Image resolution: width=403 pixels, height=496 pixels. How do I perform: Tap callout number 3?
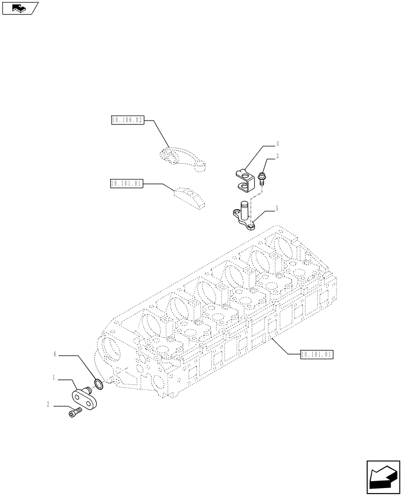277,156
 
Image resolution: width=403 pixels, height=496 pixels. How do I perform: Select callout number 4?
277,144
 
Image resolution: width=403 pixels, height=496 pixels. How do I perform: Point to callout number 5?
277,210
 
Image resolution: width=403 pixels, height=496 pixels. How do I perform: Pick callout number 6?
56,355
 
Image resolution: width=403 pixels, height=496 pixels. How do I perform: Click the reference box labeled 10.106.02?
127,120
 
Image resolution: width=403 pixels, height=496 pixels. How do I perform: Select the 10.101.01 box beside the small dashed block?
127,184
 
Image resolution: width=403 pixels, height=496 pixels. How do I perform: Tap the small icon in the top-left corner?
20,8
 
